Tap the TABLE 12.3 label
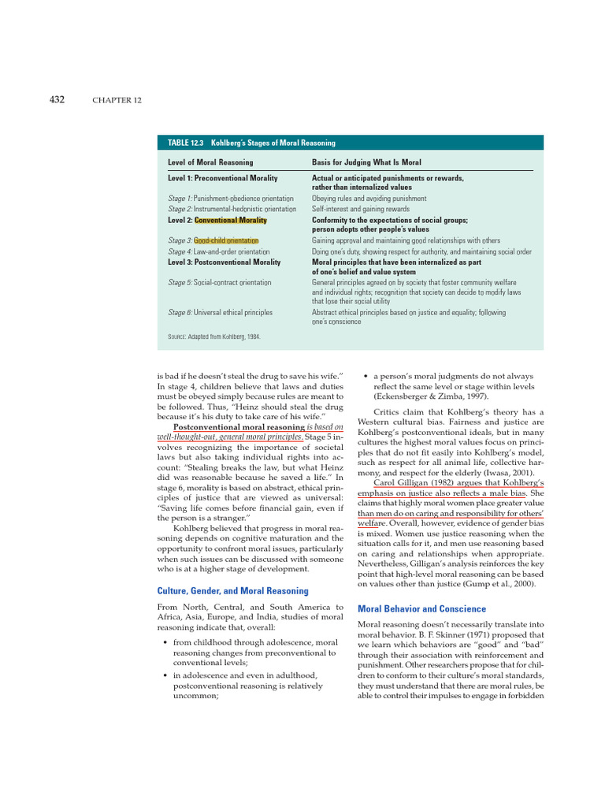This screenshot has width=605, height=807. tap(186, 143)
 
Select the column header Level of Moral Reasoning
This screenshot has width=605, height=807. tap(210, 162)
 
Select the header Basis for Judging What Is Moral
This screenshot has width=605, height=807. tap(366, 162)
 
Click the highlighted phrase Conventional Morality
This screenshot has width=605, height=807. tap(231, 221)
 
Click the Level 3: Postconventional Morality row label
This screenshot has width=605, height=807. tap(225, 262)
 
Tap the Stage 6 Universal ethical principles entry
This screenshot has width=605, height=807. tap(221, 313)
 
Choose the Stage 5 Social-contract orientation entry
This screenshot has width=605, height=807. tap(220, 282)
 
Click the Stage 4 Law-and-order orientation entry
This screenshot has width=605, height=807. tap(219, 251)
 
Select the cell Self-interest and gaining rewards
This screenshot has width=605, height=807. tap(361, 210)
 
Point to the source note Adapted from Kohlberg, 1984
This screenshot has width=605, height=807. tap(214, 337)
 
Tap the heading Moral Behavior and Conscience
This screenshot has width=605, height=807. tap(421, 608)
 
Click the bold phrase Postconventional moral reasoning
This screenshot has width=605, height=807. tap(238, 428)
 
